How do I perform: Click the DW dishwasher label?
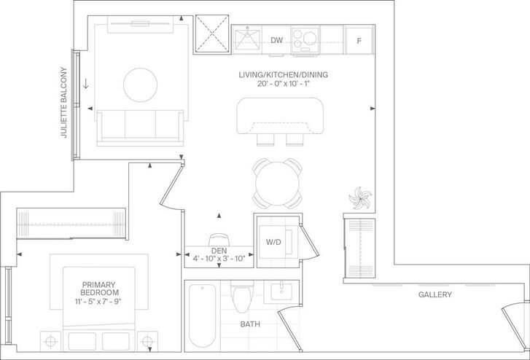point(276,40)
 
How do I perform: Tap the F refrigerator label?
point(359,41)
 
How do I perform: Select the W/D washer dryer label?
point(273,242)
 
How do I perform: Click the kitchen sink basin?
point(247,39)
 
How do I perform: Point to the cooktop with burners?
point(305,40)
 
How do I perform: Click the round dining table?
point(278,184)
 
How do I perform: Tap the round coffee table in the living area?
point(140,85)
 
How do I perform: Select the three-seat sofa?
point(140,128)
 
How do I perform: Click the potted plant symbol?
point(360,198)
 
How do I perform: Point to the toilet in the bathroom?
point(242,296)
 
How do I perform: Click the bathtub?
point(202,316)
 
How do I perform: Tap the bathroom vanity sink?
point(281,291)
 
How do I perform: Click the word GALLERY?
point(435,294)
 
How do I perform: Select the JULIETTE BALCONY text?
point(64,103)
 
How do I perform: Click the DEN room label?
point(219,251)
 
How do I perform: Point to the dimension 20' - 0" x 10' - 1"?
point(284,84)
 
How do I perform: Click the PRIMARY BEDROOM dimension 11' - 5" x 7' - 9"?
point(98,301)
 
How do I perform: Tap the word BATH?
point(250,324)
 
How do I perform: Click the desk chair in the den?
point(219,240)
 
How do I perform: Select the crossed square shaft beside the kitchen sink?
point(212,34)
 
